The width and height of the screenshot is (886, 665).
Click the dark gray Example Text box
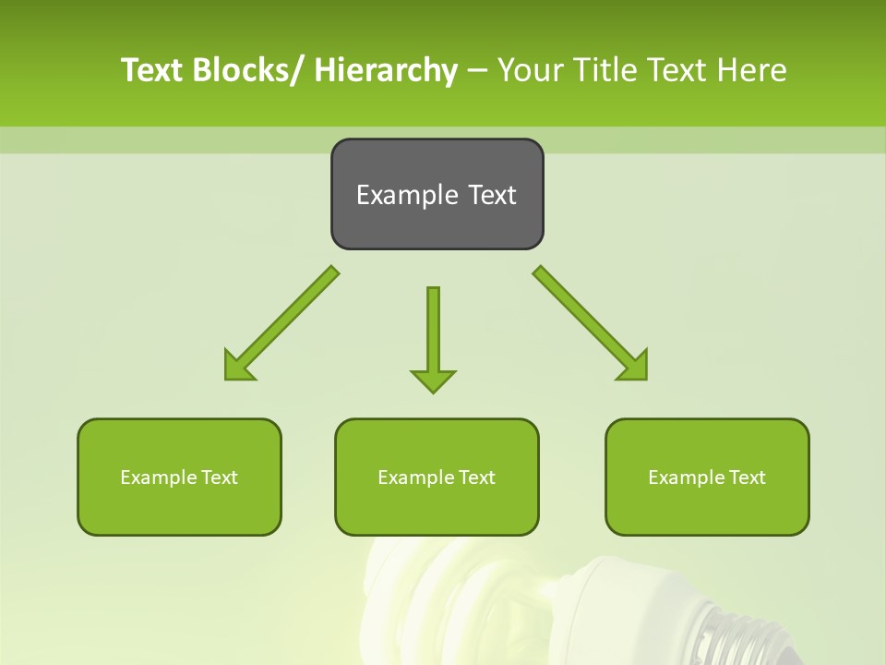click(437, 194)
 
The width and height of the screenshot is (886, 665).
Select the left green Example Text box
click(179, 477)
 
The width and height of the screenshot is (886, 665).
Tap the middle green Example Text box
click(437, 477)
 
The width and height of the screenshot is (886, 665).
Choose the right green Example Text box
click(707, 477)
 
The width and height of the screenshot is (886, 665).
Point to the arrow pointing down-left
click(281, 323)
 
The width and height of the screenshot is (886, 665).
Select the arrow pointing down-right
click(591, 323)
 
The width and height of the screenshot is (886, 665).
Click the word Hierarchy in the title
click(386, 70)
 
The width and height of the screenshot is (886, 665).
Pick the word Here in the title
click(752, 70)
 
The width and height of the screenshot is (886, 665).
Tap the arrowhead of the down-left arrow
click(236, 367)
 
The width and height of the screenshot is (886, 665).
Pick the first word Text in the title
click(153, 70)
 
